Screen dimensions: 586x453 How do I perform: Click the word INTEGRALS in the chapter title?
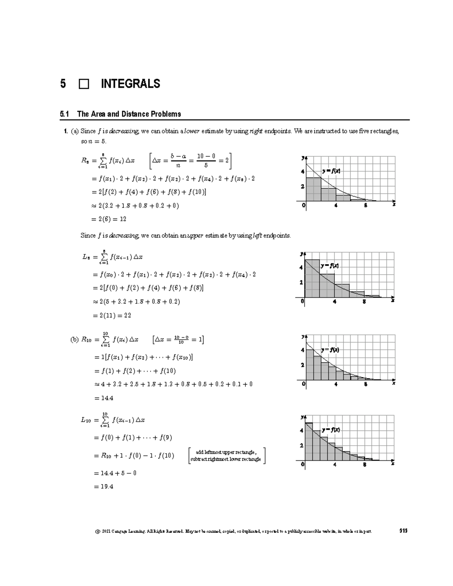coord(130,84)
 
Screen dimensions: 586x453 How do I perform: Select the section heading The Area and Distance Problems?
coord(129,114)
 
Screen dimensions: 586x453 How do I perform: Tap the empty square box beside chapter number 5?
coord(84,84)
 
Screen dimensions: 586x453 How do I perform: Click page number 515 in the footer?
coord(403,531)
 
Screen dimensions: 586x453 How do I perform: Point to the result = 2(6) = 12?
coord(109,219)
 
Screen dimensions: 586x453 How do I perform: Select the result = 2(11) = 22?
coord(112,315)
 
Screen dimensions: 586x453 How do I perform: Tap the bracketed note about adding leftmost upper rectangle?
coord(226,456)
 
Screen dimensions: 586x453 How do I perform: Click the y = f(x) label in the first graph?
coord(331,171)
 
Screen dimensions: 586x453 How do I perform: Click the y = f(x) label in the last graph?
coord(331,430)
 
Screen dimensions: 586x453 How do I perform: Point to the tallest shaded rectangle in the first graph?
coord(313,189)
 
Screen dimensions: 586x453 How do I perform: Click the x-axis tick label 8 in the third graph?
coord(365,384)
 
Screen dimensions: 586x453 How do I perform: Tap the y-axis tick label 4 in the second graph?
coord(301,268)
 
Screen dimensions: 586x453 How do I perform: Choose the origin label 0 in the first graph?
coord(304,205)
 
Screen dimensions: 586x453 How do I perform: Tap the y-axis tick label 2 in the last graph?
coord(301,446)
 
